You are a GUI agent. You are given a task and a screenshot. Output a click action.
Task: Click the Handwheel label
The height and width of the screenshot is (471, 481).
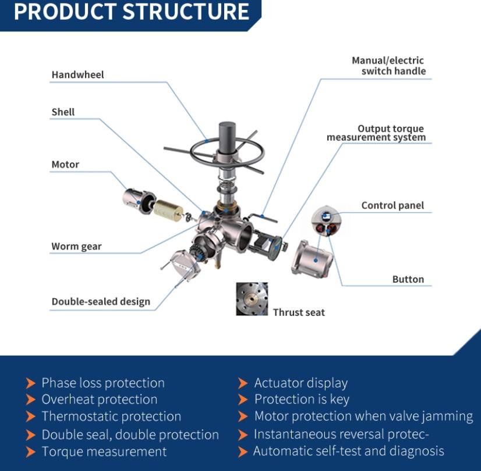pyautogui.click(x=77, y=75)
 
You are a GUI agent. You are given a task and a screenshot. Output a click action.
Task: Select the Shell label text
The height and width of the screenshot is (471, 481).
pyautogui.click(x=63, y=112)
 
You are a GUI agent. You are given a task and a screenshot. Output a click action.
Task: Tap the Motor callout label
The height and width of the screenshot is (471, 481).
pyautogui.click(x=65, y=165)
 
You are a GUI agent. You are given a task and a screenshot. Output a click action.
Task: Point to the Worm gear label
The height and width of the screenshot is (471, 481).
pyautogui.click(x=76, y=247)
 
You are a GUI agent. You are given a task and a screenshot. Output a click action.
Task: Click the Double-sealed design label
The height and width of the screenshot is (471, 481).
pyautogui.click(x=101, y=302)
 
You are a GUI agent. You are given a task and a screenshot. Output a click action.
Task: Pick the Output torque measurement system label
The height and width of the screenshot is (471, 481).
pyautogui.click(x=376, y=133)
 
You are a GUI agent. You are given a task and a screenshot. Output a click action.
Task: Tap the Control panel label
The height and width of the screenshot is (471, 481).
pyautogui.click(x=392, y=205)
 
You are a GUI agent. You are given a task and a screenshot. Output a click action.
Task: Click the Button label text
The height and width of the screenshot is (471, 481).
pyautogui.click(x=408, y=280)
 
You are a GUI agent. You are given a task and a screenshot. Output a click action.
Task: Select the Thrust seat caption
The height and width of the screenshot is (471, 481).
pyautogui.click(x=299, y=313)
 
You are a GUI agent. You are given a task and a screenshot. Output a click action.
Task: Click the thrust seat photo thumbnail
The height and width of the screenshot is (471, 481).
pyautogui.click(x=252, y=299)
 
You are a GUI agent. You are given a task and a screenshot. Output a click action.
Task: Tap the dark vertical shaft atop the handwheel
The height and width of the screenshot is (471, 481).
pyautogui.click(x=227, y=137)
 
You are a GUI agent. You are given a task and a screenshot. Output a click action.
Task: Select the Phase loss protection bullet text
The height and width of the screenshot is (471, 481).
pyautogui.click(x=103, y=383)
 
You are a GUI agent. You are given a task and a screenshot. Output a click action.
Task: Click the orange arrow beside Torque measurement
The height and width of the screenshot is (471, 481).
pyautogui.click(x=31, y=452)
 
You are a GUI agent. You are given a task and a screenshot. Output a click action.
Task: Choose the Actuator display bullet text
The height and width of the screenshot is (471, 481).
pyautogui.click(x=301, y=383)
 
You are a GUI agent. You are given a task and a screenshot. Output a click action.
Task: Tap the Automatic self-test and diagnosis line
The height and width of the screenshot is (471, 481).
pyautogui.click(x=348, y=451)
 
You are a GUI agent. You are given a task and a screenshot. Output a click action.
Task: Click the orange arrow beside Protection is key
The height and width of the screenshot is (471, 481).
pyautogui.click(x=243, y=399)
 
